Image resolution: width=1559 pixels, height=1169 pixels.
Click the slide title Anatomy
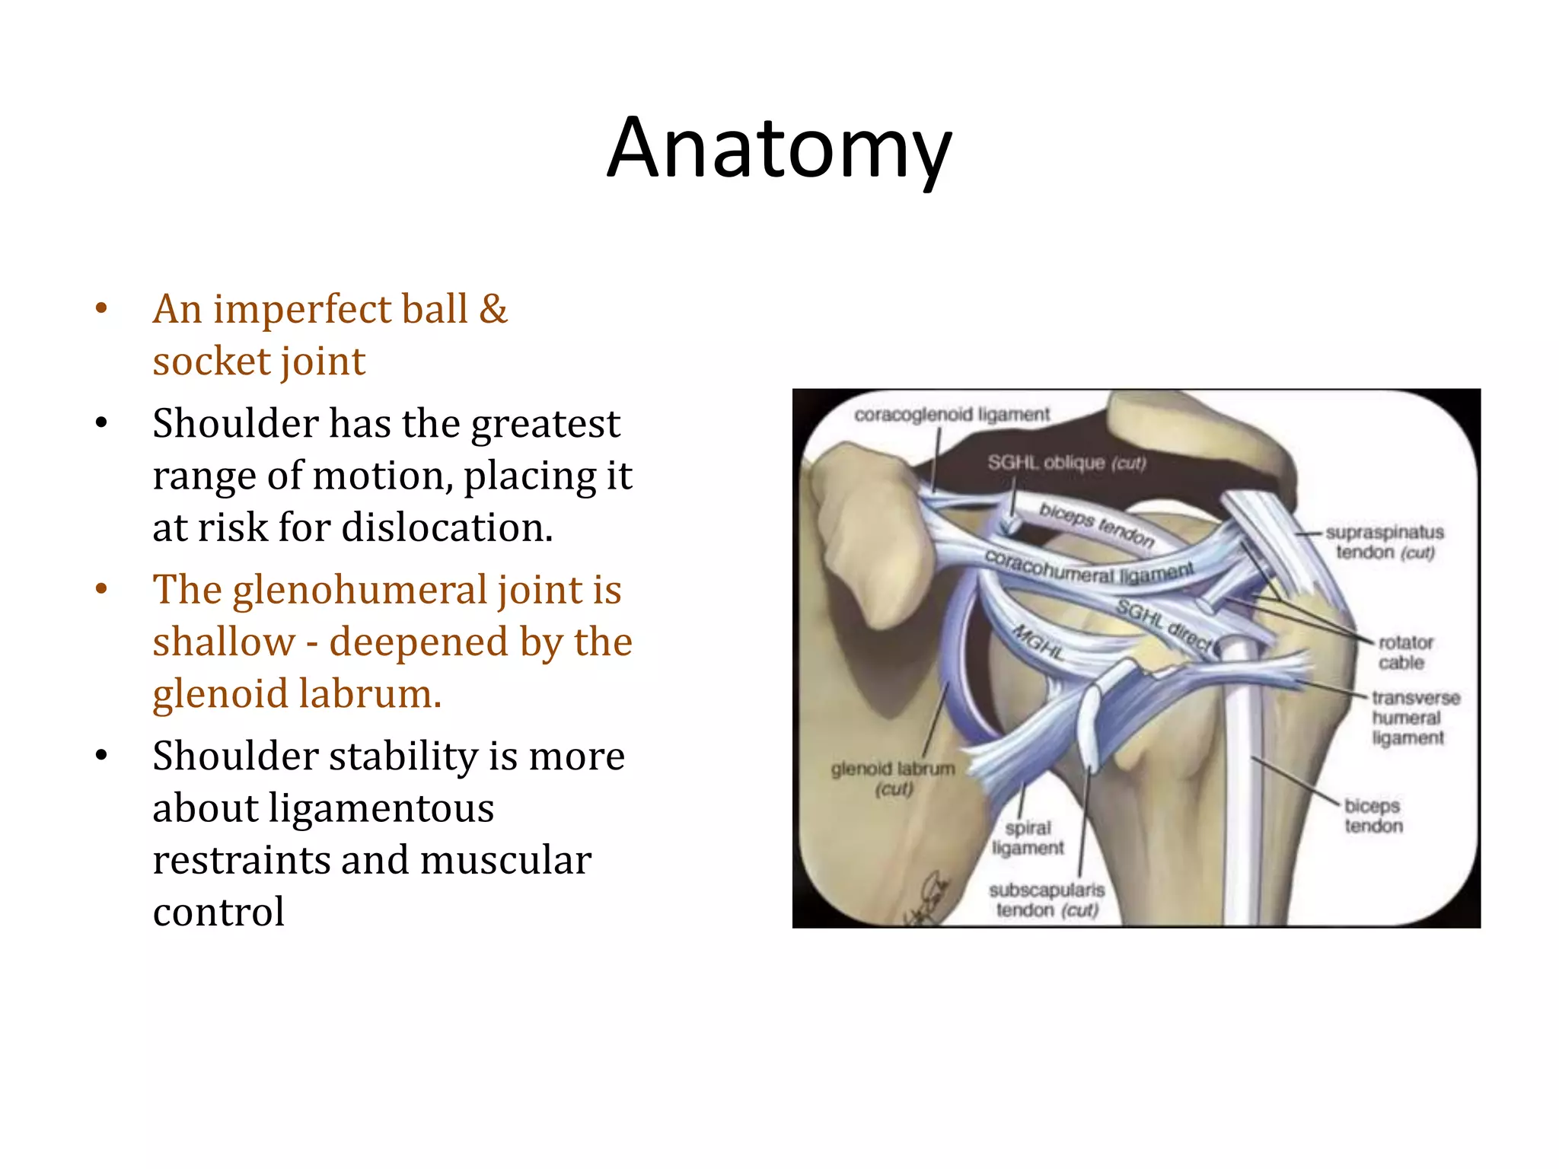(x=779, y=148)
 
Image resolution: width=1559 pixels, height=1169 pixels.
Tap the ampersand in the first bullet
(x=493, y=309)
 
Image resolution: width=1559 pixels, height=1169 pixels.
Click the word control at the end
(x=218, y=912)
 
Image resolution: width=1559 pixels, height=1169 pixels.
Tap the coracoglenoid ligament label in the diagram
(x=952, y=415)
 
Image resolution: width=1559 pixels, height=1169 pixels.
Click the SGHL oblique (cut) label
(x=1066, y=463)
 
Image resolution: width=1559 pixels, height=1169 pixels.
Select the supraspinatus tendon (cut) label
(x=1384, y=542)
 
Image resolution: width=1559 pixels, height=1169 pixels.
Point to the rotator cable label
(x=1404, y=652)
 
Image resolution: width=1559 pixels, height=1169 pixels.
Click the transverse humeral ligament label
(x=1414, y=718)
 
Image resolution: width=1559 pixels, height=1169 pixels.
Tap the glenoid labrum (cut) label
(x=893, y=778)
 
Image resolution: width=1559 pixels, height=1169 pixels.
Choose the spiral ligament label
(x=1028, y=837)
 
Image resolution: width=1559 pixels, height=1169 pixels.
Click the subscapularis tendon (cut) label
(x=1047, y=900)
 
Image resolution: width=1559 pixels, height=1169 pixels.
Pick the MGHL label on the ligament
(x=1037, y=642)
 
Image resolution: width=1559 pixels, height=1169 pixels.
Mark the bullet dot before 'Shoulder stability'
(x=101, y=756)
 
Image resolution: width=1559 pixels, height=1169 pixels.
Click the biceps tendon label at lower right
(x=1372, y=815)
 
